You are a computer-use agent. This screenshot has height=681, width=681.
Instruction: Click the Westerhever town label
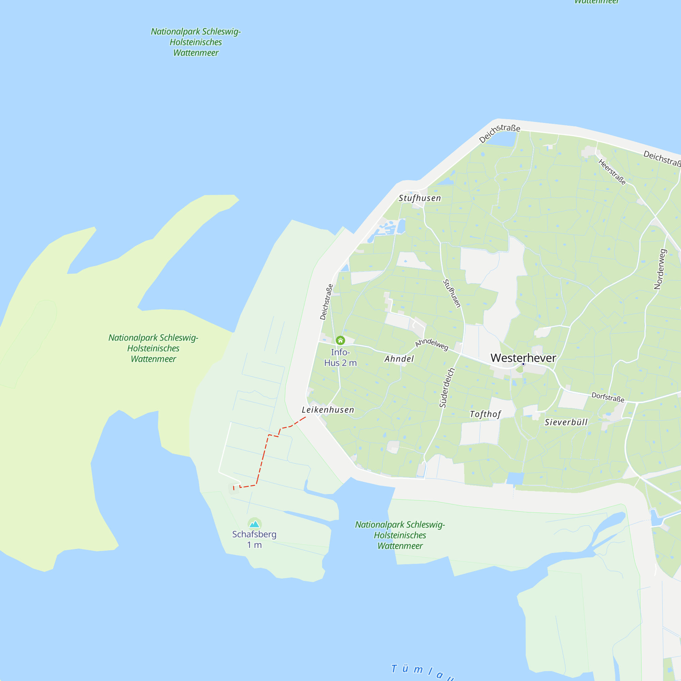[x=523, y=358]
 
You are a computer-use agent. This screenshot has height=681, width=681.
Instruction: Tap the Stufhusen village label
[x=419, y=198]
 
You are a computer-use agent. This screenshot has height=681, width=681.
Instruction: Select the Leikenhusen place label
[x=328, y=410]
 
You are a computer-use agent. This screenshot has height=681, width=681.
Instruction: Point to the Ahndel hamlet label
[x=399, y=359]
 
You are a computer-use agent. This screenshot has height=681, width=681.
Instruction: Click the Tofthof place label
[x=485, y=414]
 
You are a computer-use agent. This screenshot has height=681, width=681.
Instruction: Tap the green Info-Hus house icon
[x=340, y=340]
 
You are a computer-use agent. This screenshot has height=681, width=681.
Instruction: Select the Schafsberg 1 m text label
[x=254, y=540]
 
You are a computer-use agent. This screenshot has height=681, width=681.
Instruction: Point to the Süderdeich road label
[x=447, y=388]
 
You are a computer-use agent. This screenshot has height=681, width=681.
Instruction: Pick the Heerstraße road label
[x=612, y=172]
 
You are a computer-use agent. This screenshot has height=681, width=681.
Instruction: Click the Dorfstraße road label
[x=608, y=397]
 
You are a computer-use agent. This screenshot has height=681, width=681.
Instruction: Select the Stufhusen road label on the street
[x=452, y=293]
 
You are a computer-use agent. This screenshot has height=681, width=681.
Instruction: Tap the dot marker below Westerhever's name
[x=523, y=364]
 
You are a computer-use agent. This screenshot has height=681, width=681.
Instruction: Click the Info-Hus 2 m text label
[x=340, y=358]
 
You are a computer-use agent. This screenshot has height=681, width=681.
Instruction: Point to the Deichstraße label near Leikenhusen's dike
[x=326, y=302]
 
